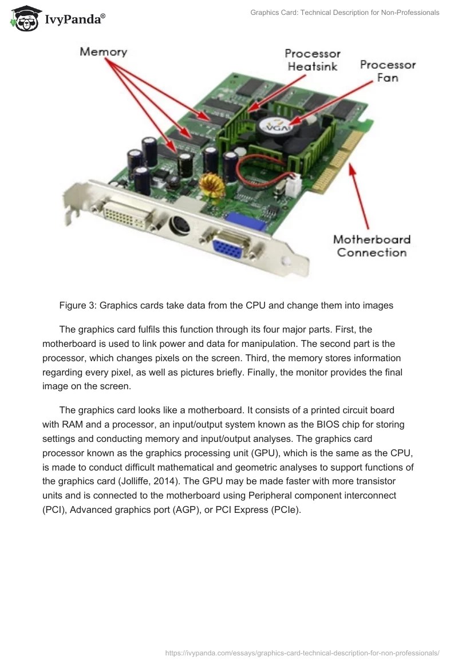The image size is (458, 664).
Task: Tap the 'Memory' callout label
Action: coord(103,52)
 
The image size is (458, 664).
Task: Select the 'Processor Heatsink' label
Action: coord(313,60)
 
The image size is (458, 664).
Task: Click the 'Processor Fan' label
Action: coord(388,71)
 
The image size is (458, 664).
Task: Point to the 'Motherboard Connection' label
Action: coord(372,246)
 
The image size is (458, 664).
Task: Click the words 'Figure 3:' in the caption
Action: coord(78,305)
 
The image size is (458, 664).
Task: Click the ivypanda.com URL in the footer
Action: coord(302,652)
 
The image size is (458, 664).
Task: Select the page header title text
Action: coord(345,12)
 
